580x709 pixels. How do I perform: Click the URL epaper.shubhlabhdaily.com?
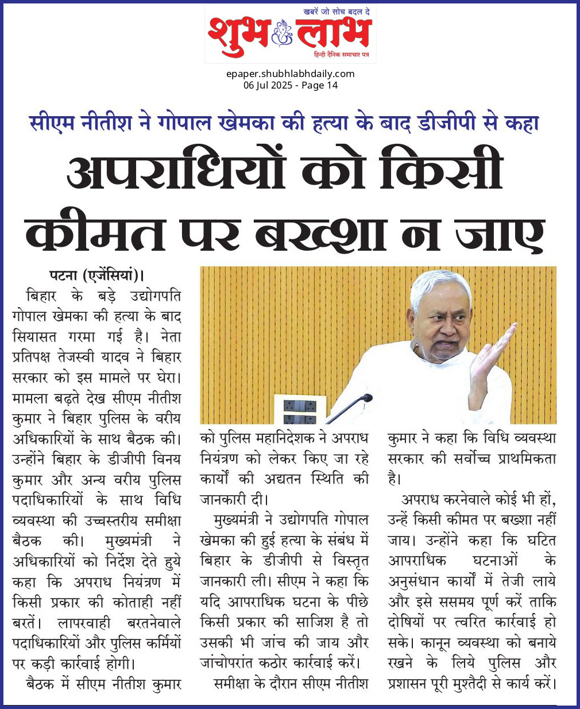point(290,74)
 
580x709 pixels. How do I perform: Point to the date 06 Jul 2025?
point(268,86)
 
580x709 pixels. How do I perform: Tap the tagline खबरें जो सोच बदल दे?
point(337,12)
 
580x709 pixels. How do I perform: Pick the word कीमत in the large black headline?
point(95,233)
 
